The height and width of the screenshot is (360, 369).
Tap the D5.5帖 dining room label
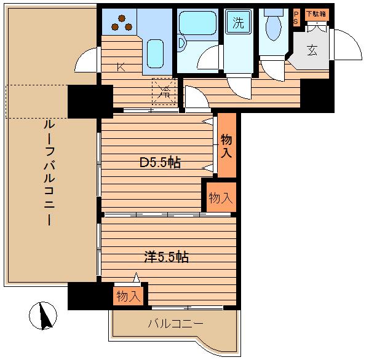[x=161, y=162]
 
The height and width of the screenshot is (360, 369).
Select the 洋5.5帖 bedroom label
[x=167, y=257]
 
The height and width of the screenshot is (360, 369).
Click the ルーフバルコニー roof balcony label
[x=49, y=173]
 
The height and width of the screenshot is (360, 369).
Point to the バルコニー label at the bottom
[x=175, y=324]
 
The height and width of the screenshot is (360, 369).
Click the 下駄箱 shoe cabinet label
[x=316, y=14]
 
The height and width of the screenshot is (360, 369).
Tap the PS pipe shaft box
[x=296, y=18]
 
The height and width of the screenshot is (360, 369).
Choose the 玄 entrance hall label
[x=312, y=50]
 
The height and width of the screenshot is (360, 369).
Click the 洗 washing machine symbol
[x=239, y=22]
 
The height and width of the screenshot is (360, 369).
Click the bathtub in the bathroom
[x=197, y=23]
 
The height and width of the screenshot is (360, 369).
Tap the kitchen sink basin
[x=155, y=54]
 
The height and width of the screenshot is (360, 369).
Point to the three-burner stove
[x=122, y=23]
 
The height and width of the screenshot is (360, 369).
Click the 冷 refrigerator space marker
[x=164, y=91]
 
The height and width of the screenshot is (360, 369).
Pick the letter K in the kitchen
[x=121, y=67]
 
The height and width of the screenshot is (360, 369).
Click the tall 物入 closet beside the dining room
[x=226, y=145]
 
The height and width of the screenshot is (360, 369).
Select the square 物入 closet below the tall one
[x=221, y=197]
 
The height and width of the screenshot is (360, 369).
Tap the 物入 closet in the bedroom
[x=129, y=296]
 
